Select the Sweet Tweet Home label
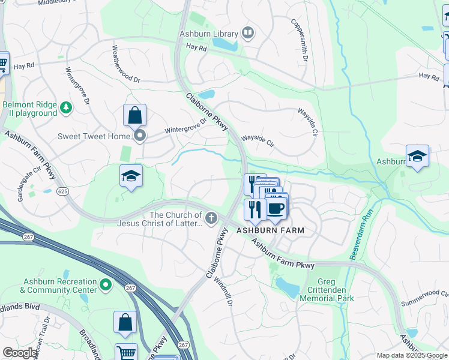tap(94, 136)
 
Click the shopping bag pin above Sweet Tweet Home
tap(136, 115)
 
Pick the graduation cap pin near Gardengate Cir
tap(131, 176)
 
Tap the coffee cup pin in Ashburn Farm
tap(276, 209)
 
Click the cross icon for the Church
tap(211, 219)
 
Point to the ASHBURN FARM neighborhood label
tap(270, 230)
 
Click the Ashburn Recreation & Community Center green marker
tap(106, 285)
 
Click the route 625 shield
tap(63, 191)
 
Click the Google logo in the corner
tap(19, 353)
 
